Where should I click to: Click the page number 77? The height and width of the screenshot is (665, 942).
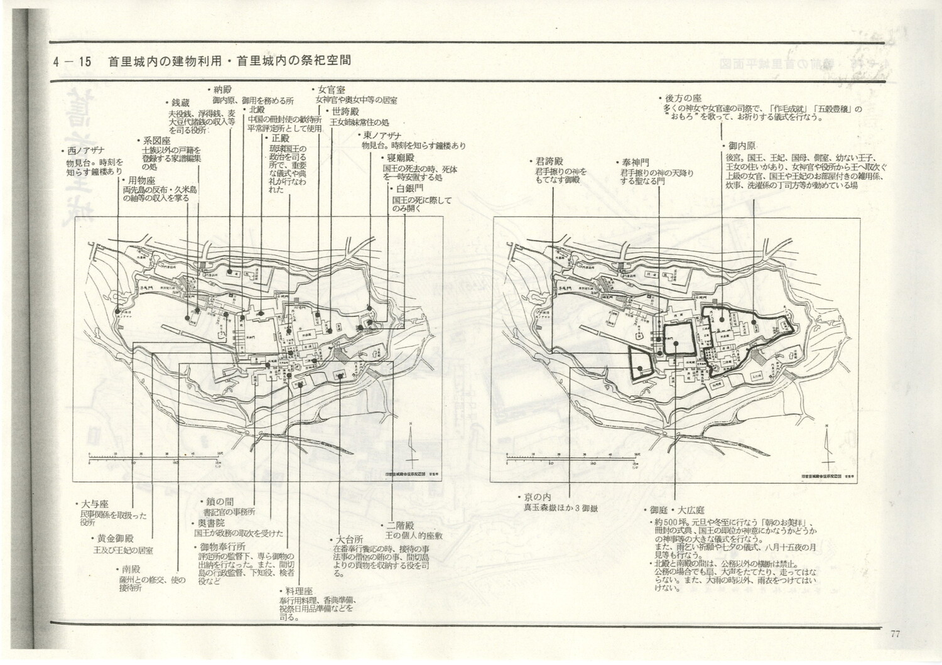pos(895,634)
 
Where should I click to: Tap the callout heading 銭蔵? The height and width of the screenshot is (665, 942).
pos(180,102)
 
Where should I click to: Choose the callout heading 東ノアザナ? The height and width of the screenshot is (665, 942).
pos(381,136)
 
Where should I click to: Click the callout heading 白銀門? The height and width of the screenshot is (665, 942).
pos(409,188)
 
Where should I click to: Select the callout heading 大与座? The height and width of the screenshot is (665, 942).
pos(95,504)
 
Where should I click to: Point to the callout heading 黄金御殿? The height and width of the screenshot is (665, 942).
pos(116,538)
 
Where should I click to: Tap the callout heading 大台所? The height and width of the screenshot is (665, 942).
pos(349,539)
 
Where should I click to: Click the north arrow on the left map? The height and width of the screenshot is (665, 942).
pos(410,446)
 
